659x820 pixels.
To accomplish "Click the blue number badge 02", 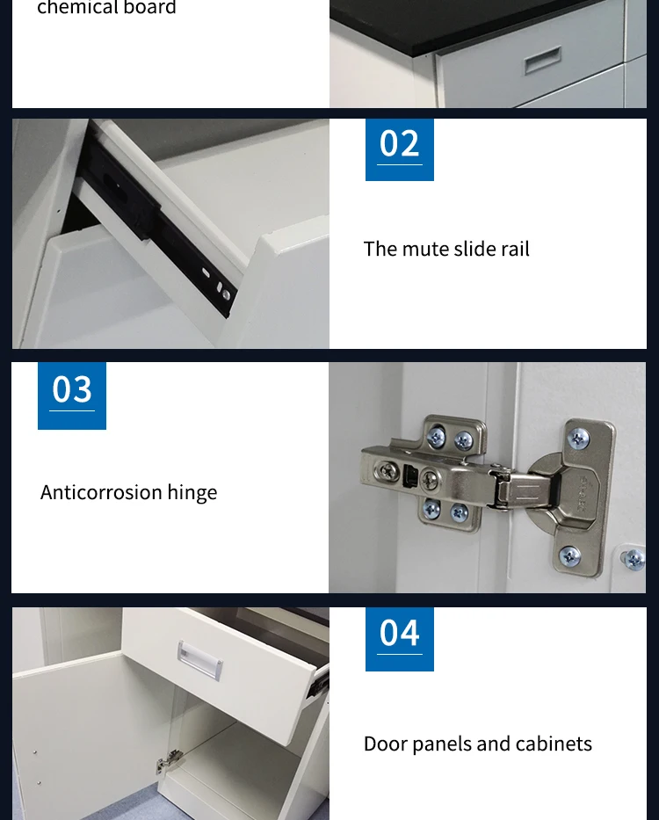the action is coord(400,149).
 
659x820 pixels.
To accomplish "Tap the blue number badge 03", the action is coord(72,395).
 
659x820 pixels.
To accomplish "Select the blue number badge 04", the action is coord(400,639).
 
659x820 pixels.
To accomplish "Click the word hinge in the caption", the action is coord(192,494).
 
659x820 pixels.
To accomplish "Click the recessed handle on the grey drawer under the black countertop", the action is coord(543,60).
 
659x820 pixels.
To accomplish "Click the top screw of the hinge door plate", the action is coord(578,439).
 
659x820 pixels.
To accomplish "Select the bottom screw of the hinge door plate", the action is coord(570,556).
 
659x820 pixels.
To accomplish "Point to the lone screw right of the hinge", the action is coord(634,560).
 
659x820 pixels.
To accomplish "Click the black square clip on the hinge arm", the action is coord(411,475).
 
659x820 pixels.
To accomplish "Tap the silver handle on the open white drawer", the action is coord(199,660).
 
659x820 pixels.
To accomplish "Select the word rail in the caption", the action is coord(515,250).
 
